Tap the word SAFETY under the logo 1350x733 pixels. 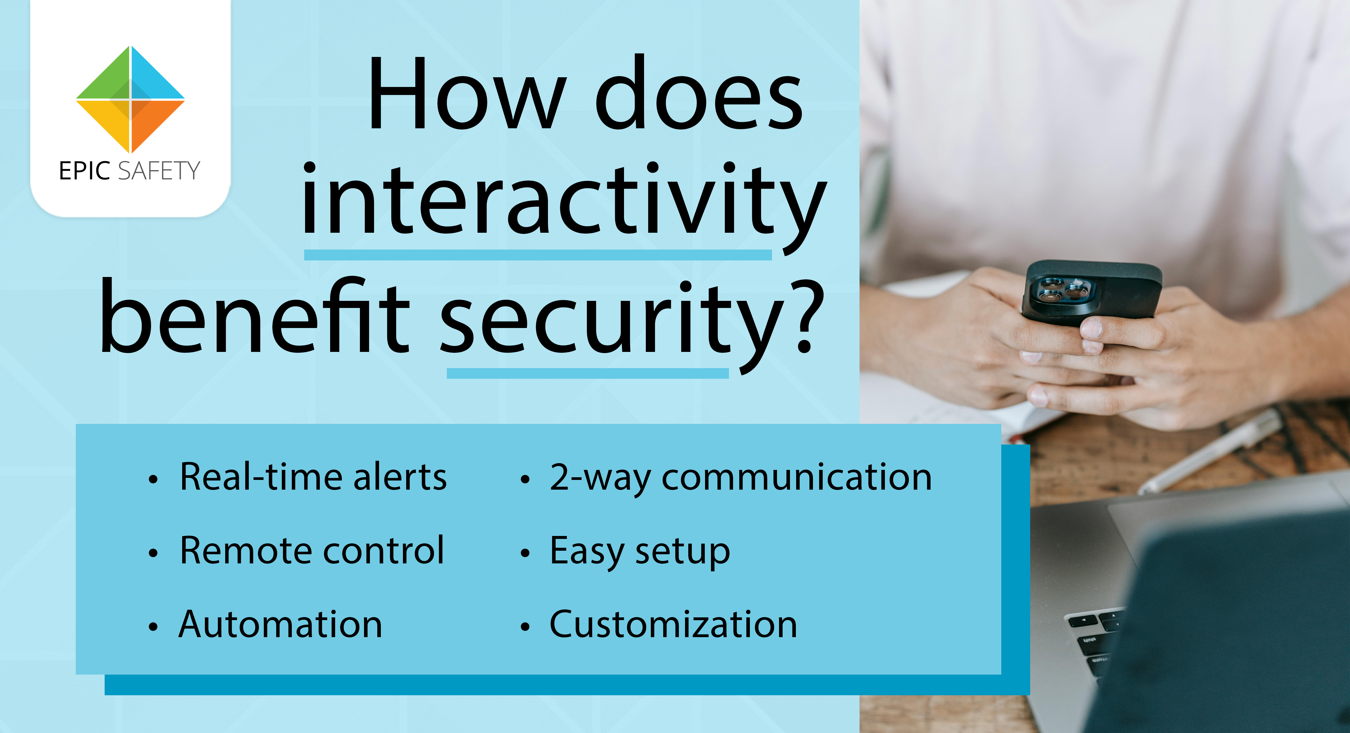[x=159, y=171]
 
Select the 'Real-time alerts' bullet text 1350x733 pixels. [x=313, y=477]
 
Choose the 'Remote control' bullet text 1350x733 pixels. [x=312, y=550]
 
